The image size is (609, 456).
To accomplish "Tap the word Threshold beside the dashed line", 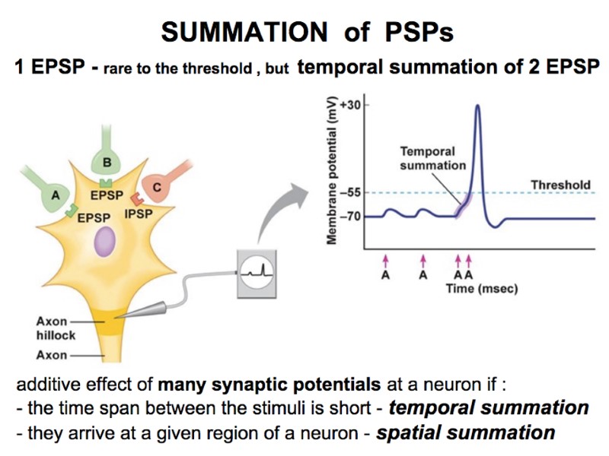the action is coord(560,185).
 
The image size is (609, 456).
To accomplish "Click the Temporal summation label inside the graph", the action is coord(427,159).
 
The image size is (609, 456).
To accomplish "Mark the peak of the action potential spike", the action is coord(477,106).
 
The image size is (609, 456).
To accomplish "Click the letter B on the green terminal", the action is coord(107,162).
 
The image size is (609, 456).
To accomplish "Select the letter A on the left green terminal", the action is coord(55,195).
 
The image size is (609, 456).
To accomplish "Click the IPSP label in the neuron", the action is coord(139,214).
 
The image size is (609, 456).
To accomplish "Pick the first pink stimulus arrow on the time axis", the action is coord(386,261).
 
